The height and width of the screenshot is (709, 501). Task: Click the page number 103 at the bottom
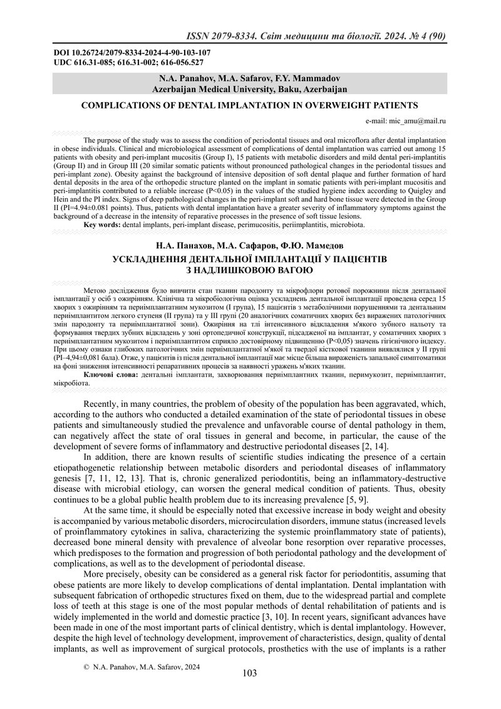249,673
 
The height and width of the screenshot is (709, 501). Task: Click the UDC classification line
128,63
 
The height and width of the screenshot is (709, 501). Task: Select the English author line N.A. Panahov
250,78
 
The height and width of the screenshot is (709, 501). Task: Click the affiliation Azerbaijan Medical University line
250,89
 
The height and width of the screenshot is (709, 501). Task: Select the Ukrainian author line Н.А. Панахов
249,246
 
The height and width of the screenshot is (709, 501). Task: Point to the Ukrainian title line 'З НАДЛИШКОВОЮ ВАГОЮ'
249,270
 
